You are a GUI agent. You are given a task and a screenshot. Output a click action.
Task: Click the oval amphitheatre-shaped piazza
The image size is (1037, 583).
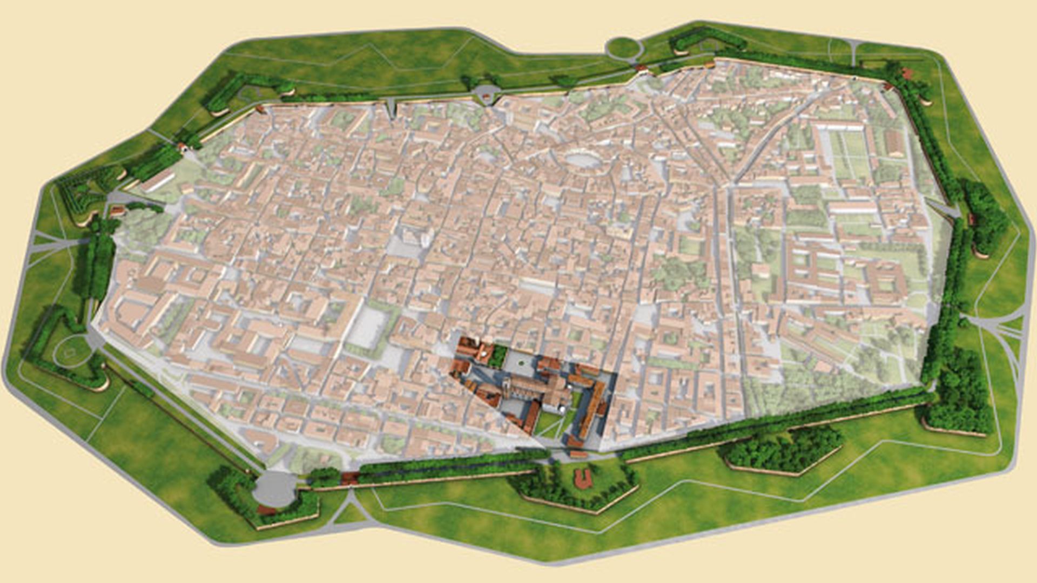578,159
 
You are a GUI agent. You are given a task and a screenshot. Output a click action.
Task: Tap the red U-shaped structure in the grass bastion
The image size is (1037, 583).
582,476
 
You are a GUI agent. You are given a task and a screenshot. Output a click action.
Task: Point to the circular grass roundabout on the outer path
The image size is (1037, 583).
624,48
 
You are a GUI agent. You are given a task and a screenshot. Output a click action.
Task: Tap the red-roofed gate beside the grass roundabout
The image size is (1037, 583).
642,69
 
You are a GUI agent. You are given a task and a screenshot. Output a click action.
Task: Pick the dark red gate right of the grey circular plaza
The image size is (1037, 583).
349,477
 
